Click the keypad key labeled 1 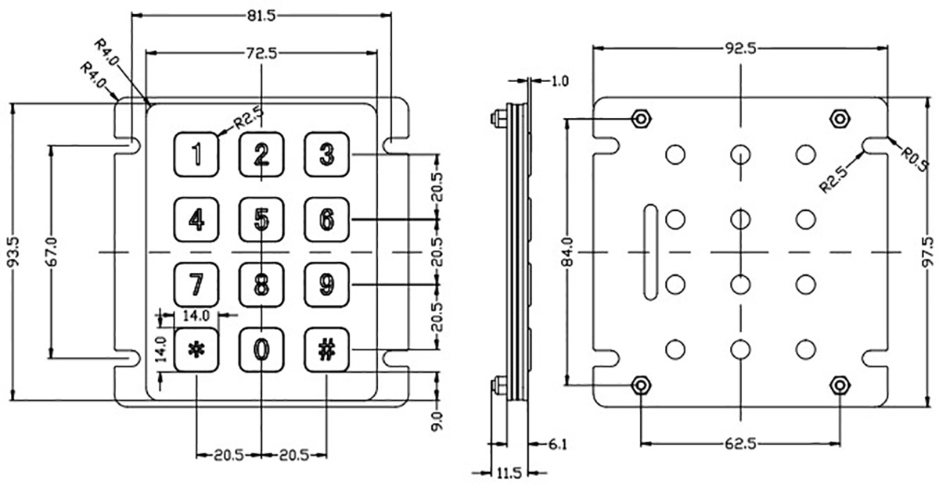click(x=196, y=154)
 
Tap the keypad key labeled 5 click(x=261, y=220)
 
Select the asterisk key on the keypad click(x=196, y=349)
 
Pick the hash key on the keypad click(x=327, y=349)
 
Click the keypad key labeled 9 click(x=327, y=285)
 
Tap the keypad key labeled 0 click(x=261, y=349)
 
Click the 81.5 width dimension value click(x=261, y=16)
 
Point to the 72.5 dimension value click(x=261, y=53)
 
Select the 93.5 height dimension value click(x=14, y=252)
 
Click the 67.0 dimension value click(x=52, y=252)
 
